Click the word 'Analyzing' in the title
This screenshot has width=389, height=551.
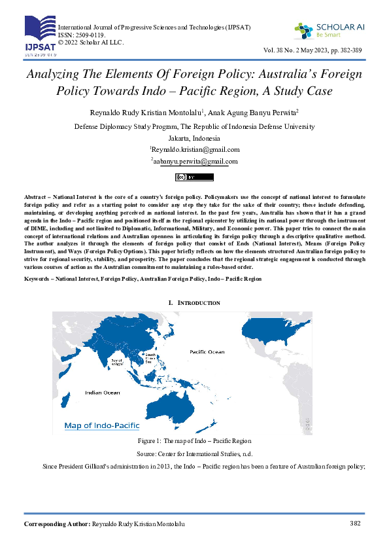tap(55, 74)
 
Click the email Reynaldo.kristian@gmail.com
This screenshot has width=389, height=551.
tap(195, 149)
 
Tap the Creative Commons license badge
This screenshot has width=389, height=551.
tap(194, 177)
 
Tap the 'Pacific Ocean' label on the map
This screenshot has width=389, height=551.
tap(207, 351)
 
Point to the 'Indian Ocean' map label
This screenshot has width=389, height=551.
tap(103, 392)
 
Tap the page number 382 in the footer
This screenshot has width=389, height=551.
tap(356, 524)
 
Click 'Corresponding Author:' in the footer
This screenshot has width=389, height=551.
tap(57, 525)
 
